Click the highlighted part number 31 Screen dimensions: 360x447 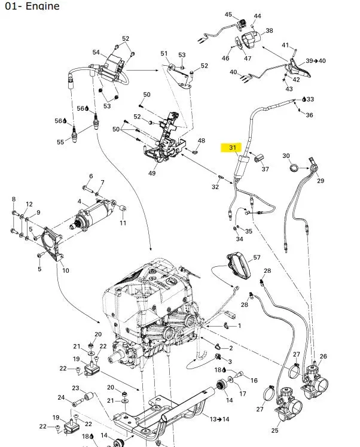tap(233, 147)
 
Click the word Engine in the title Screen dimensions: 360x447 tap(42, 6)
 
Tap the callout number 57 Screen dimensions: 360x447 tap(257, 257)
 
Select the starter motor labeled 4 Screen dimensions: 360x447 tap(93, 214)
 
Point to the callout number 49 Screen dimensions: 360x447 tap(152, 173)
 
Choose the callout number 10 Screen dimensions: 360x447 tap(66, 270)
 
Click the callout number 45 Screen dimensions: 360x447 tap(228, 14)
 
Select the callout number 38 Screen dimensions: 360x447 tap(269, 30)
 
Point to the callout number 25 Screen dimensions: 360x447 tap(274, 430)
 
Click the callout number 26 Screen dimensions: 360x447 tap(324, 356)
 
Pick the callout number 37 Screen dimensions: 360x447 tap(265, 169)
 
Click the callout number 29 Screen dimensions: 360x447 tap(321, 181)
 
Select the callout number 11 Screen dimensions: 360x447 tap(123, 223)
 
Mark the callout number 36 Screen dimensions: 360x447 tap(309, 115)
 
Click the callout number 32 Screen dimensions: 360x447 tap(215, 187)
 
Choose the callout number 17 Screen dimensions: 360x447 tap(242, 393)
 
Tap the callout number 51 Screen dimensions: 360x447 tap(164, 53)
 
